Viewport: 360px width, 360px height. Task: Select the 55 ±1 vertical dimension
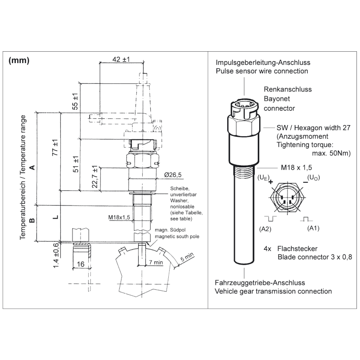(76, 102)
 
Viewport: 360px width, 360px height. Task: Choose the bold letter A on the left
(31, 167)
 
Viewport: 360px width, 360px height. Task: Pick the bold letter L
(55, 217)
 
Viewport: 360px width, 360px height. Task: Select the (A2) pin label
(265, 229)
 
